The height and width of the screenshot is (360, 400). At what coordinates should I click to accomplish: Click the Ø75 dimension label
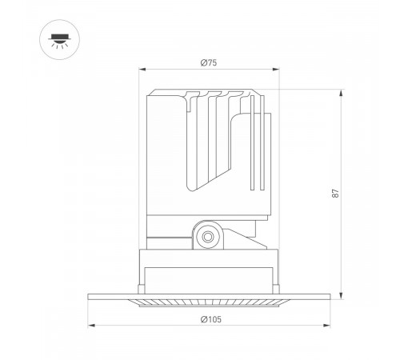point(209,62)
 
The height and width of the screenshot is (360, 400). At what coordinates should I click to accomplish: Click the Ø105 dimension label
point(210,319)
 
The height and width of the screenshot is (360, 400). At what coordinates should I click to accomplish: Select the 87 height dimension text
point(336,193)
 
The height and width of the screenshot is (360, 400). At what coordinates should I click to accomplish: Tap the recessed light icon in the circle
point(60,41)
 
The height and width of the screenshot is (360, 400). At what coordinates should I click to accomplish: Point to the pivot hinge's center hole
point(208,237)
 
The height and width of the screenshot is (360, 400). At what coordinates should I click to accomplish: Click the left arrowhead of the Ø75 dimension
point(142,70)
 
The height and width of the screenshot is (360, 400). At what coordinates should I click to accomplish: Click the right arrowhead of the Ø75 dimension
point(275,70)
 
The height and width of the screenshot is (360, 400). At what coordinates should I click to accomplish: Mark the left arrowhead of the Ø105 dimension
point(91,326)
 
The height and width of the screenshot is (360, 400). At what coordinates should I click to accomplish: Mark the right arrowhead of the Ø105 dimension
point(326,326)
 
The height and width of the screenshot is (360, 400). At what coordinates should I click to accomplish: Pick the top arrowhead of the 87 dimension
point(341,93)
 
